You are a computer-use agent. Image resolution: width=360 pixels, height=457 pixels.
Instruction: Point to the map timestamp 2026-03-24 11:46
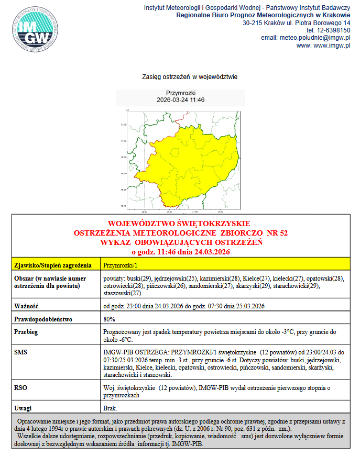click(180, 99)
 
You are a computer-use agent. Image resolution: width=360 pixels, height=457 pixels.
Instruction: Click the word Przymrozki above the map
click(180, 93)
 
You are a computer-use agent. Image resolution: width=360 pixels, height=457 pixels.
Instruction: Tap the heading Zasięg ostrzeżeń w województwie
click(190, 77)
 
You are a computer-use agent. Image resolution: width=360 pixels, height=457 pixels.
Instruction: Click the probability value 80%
click(110, 318)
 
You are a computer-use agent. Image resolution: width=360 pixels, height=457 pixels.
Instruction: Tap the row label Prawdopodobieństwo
click(43, 318)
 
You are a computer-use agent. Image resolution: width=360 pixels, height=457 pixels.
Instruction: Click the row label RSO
click(21, 388)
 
